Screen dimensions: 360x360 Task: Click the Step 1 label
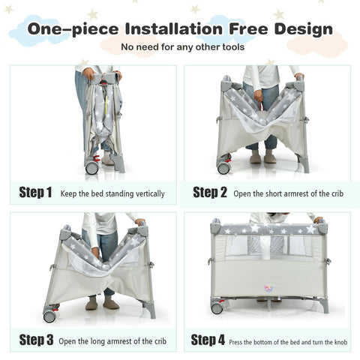[x=35, y=193]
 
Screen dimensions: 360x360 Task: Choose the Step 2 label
[x=209, y=192]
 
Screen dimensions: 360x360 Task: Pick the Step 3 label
[x=35, y=340]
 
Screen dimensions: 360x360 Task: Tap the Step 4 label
[x=208, y=340]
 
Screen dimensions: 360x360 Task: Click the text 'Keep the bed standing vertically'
[x=112, y=193]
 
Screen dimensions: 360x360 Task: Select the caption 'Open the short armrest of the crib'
[x=288, y=193]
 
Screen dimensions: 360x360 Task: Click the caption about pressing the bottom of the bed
[x=287, y=340]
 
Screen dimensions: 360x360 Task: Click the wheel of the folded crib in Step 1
[x=91, y=167]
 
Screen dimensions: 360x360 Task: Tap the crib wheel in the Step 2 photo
[x=223, y=167]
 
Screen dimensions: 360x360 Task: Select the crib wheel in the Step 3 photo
[x=49, y=316]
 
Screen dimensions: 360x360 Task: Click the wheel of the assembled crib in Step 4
[x=217, y=307]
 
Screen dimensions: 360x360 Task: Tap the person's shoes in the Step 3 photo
[x=100, y=304]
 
